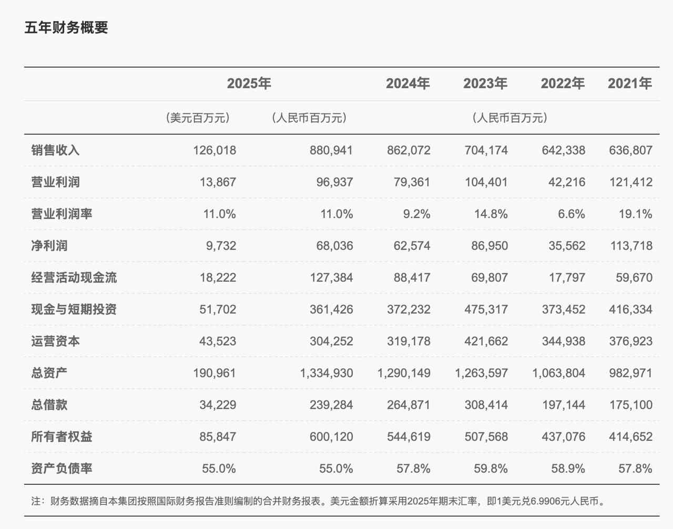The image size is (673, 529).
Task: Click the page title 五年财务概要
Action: click(66, 27)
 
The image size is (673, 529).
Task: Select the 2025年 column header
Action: click(249, 84)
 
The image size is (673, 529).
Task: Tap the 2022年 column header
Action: click(563, 84)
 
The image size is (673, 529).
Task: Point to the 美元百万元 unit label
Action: click(198, 118)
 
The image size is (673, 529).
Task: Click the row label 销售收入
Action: click(55, 150)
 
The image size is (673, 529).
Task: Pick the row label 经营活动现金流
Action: click(74, 277)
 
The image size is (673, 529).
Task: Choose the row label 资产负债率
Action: click(62, 468)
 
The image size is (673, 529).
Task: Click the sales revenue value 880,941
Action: click(331, 150)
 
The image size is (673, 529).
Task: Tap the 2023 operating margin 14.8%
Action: click(492, 214)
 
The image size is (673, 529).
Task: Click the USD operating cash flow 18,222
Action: click(218, 277)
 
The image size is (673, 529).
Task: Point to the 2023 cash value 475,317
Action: click(486, 309)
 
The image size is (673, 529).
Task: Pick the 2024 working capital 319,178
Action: click(409, 341)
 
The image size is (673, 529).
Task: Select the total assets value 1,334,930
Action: click(326, 373)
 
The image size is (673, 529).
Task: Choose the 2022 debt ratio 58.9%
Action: click(569, 469)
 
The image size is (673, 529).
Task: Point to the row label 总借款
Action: click(49, 405)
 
